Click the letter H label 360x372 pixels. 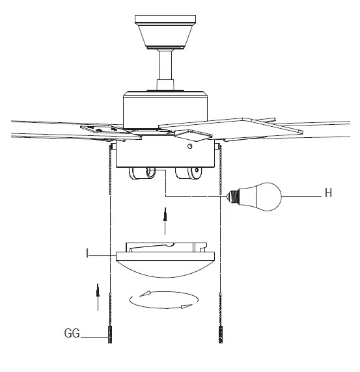coord(328,193)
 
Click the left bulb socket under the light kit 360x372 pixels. coord(143,174)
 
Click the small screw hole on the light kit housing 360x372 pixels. coord(190,148)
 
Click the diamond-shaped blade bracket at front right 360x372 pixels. coord(193,135)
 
